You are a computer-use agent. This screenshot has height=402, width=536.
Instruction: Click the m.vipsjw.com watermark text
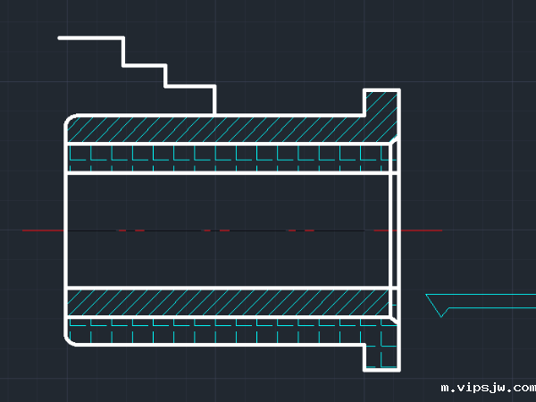[488, 389]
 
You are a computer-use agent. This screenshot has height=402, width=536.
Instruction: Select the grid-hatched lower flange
[381, 356]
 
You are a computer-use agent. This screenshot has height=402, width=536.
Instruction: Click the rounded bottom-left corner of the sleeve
[69, 341]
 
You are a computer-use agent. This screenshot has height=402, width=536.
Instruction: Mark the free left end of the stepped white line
[60, 38]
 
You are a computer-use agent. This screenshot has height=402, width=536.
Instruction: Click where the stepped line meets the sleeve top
[214, 115]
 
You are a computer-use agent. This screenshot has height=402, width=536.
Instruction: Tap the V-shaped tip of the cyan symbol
[441, 316]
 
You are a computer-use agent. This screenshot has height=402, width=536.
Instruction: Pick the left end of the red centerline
[23, 230]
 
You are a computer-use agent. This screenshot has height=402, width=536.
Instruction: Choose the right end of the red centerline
[441, 230]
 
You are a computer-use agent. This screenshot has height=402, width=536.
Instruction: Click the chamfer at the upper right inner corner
[393, 140]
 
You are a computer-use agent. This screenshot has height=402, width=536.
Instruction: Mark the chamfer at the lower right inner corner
[393, 320]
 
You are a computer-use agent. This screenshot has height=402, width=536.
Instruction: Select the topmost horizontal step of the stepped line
[91, 38]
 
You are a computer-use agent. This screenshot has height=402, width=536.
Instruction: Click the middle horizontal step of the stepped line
[144, 65]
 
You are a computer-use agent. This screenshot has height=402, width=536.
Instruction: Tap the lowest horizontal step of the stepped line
[190, 86]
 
